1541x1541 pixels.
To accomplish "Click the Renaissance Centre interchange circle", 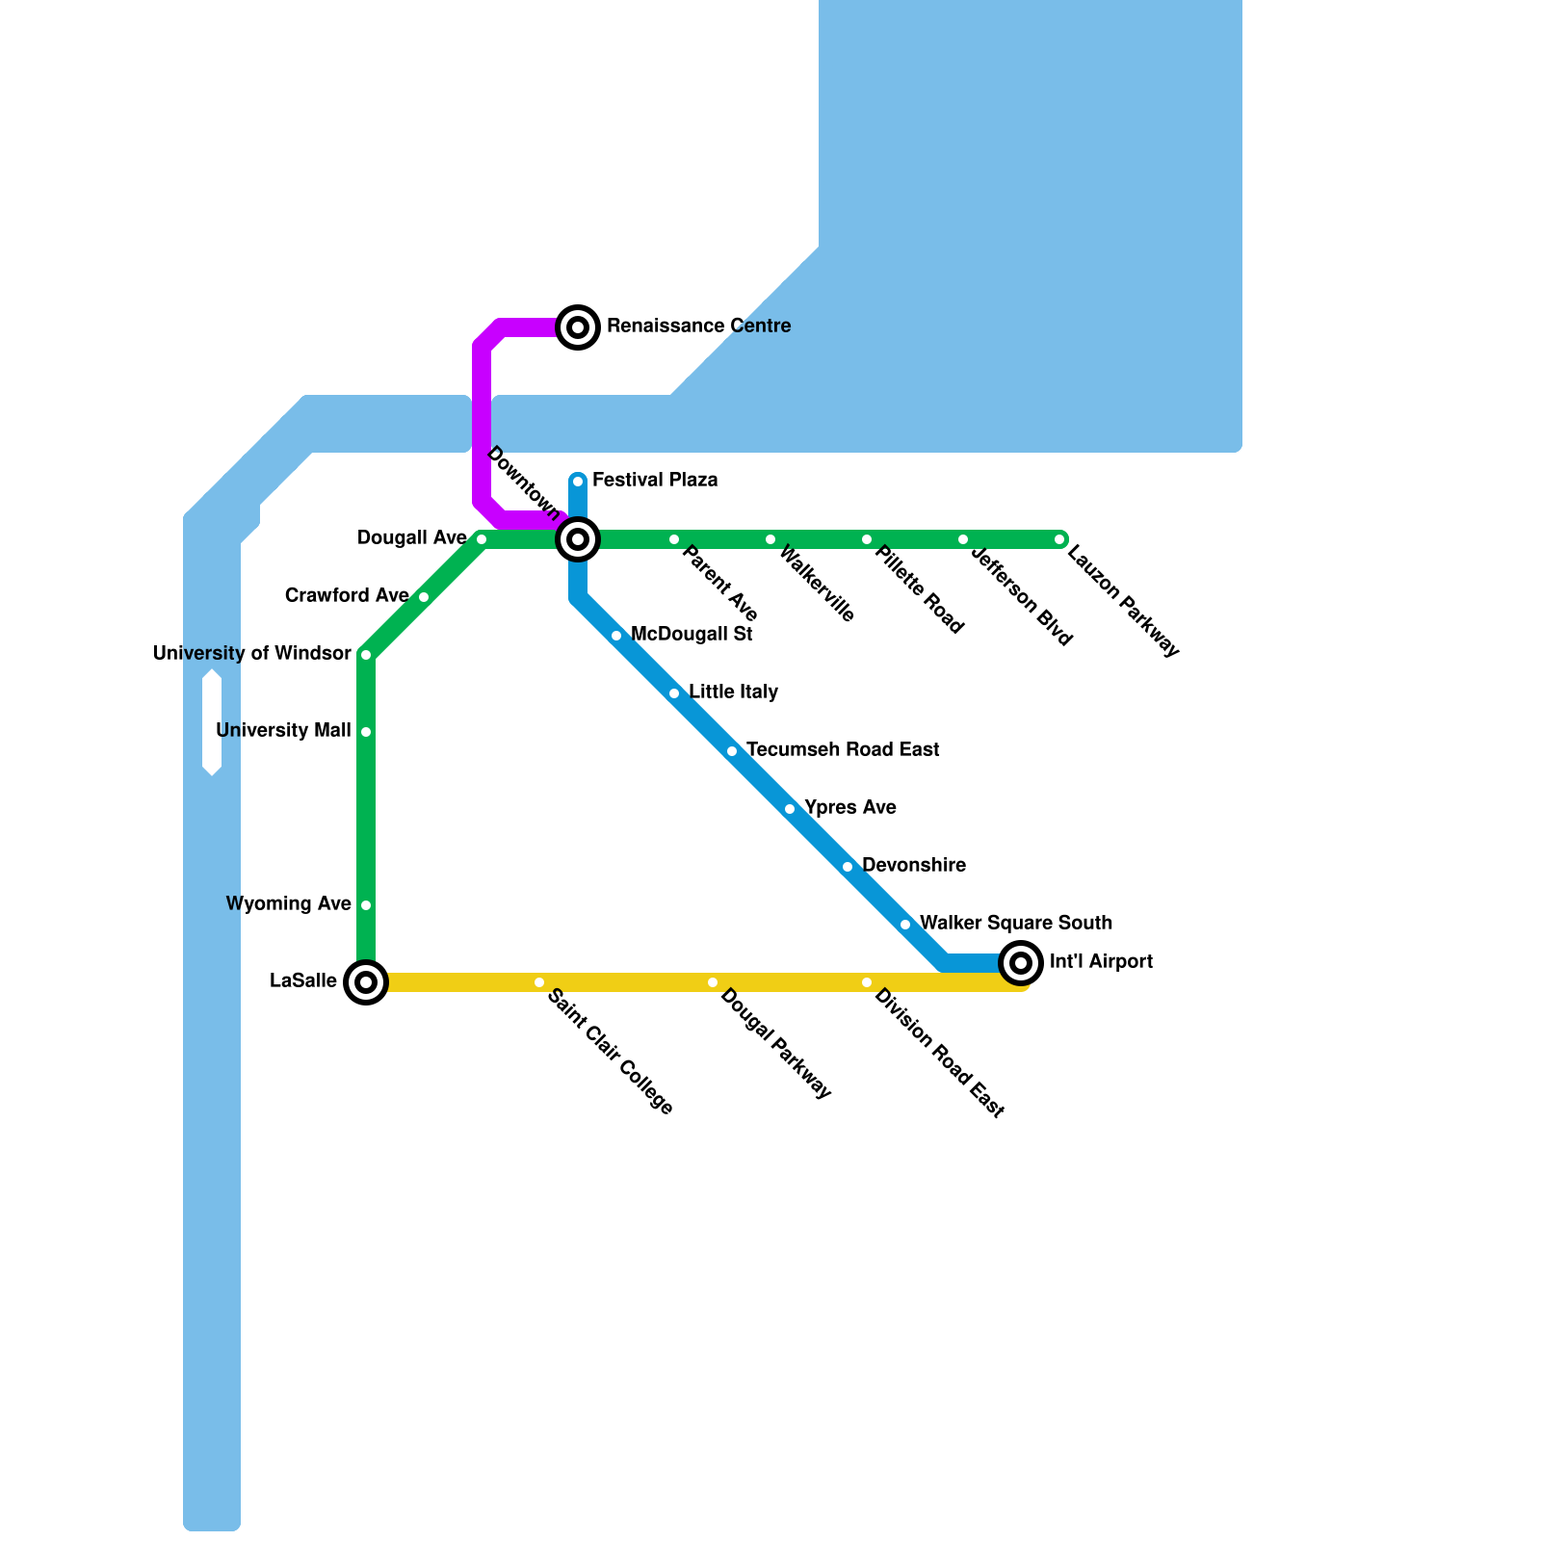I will (578, 327).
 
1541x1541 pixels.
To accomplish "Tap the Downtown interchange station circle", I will (578, 539).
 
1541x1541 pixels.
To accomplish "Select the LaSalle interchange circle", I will (366, 982).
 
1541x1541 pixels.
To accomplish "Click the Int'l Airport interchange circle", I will (1021, 962).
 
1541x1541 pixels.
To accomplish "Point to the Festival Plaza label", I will (655, 480).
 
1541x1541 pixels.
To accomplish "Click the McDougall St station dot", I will (616, 636).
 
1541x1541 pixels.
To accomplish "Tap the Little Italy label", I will (733, 692).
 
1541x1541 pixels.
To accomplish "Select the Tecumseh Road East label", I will (843, 749).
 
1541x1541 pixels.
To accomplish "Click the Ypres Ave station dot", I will (790, 809).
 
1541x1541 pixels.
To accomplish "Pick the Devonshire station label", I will (913, 865).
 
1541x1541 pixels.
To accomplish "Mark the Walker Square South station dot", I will (905, 925).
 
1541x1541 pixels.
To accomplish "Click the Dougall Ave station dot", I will (482, 539).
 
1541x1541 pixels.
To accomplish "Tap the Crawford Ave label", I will (347, 596).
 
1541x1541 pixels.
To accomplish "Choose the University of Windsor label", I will (251, 654).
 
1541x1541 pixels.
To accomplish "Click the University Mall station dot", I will (366, 732).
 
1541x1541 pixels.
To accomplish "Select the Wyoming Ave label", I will (288, 903).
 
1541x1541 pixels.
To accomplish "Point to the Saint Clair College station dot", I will (539, 982).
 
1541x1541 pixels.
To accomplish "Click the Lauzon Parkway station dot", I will (1059, 539).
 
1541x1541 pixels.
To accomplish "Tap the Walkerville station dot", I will (770, 539).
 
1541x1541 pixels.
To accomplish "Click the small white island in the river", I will (212, 722).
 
